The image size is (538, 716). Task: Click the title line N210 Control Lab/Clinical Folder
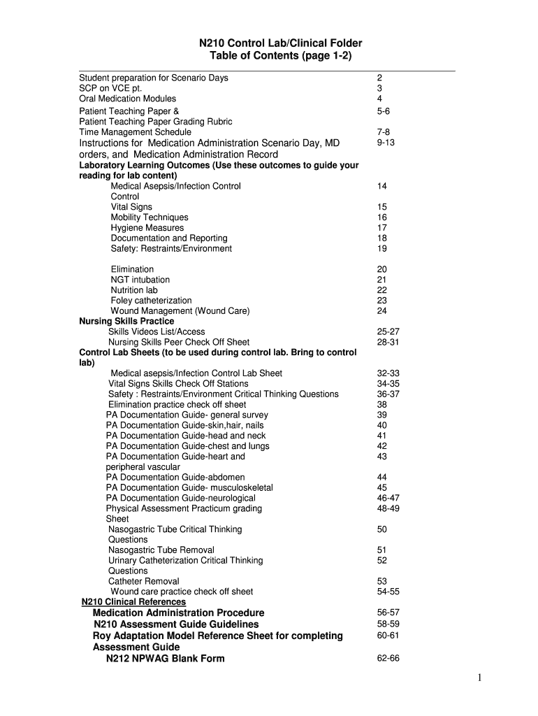[x=281, y=43]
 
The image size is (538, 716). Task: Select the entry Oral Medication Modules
[x=128, y=99]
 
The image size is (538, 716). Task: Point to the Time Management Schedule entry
[x=136, y=132]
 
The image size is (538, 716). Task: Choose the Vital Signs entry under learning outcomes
[x=131, y=207]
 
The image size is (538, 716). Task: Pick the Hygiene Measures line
[x=147, y=228]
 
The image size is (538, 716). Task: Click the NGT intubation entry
[x=140, y=280]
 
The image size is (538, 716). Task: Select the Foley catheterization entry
[x=151, y=301]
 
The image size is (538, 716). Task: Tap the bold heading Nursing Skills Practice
[x=126, y=321]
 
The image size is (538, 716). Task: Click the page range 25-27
[x=388, y=331]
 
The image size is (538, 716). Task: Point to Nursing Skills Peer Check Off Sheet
[x=179, y=342]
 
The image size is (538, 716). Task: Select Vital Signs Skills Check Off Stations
[x=178, y=384]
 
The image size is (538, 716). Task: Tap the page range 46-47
[x=388, y=498]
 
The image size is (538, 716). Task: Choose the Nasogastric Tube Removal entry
[x=161, y=550]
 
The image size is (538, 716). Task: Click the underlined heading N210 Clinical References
[x=134, y=602]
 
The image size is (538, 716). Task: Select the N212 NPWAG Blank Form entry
[x=166, y=659]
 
